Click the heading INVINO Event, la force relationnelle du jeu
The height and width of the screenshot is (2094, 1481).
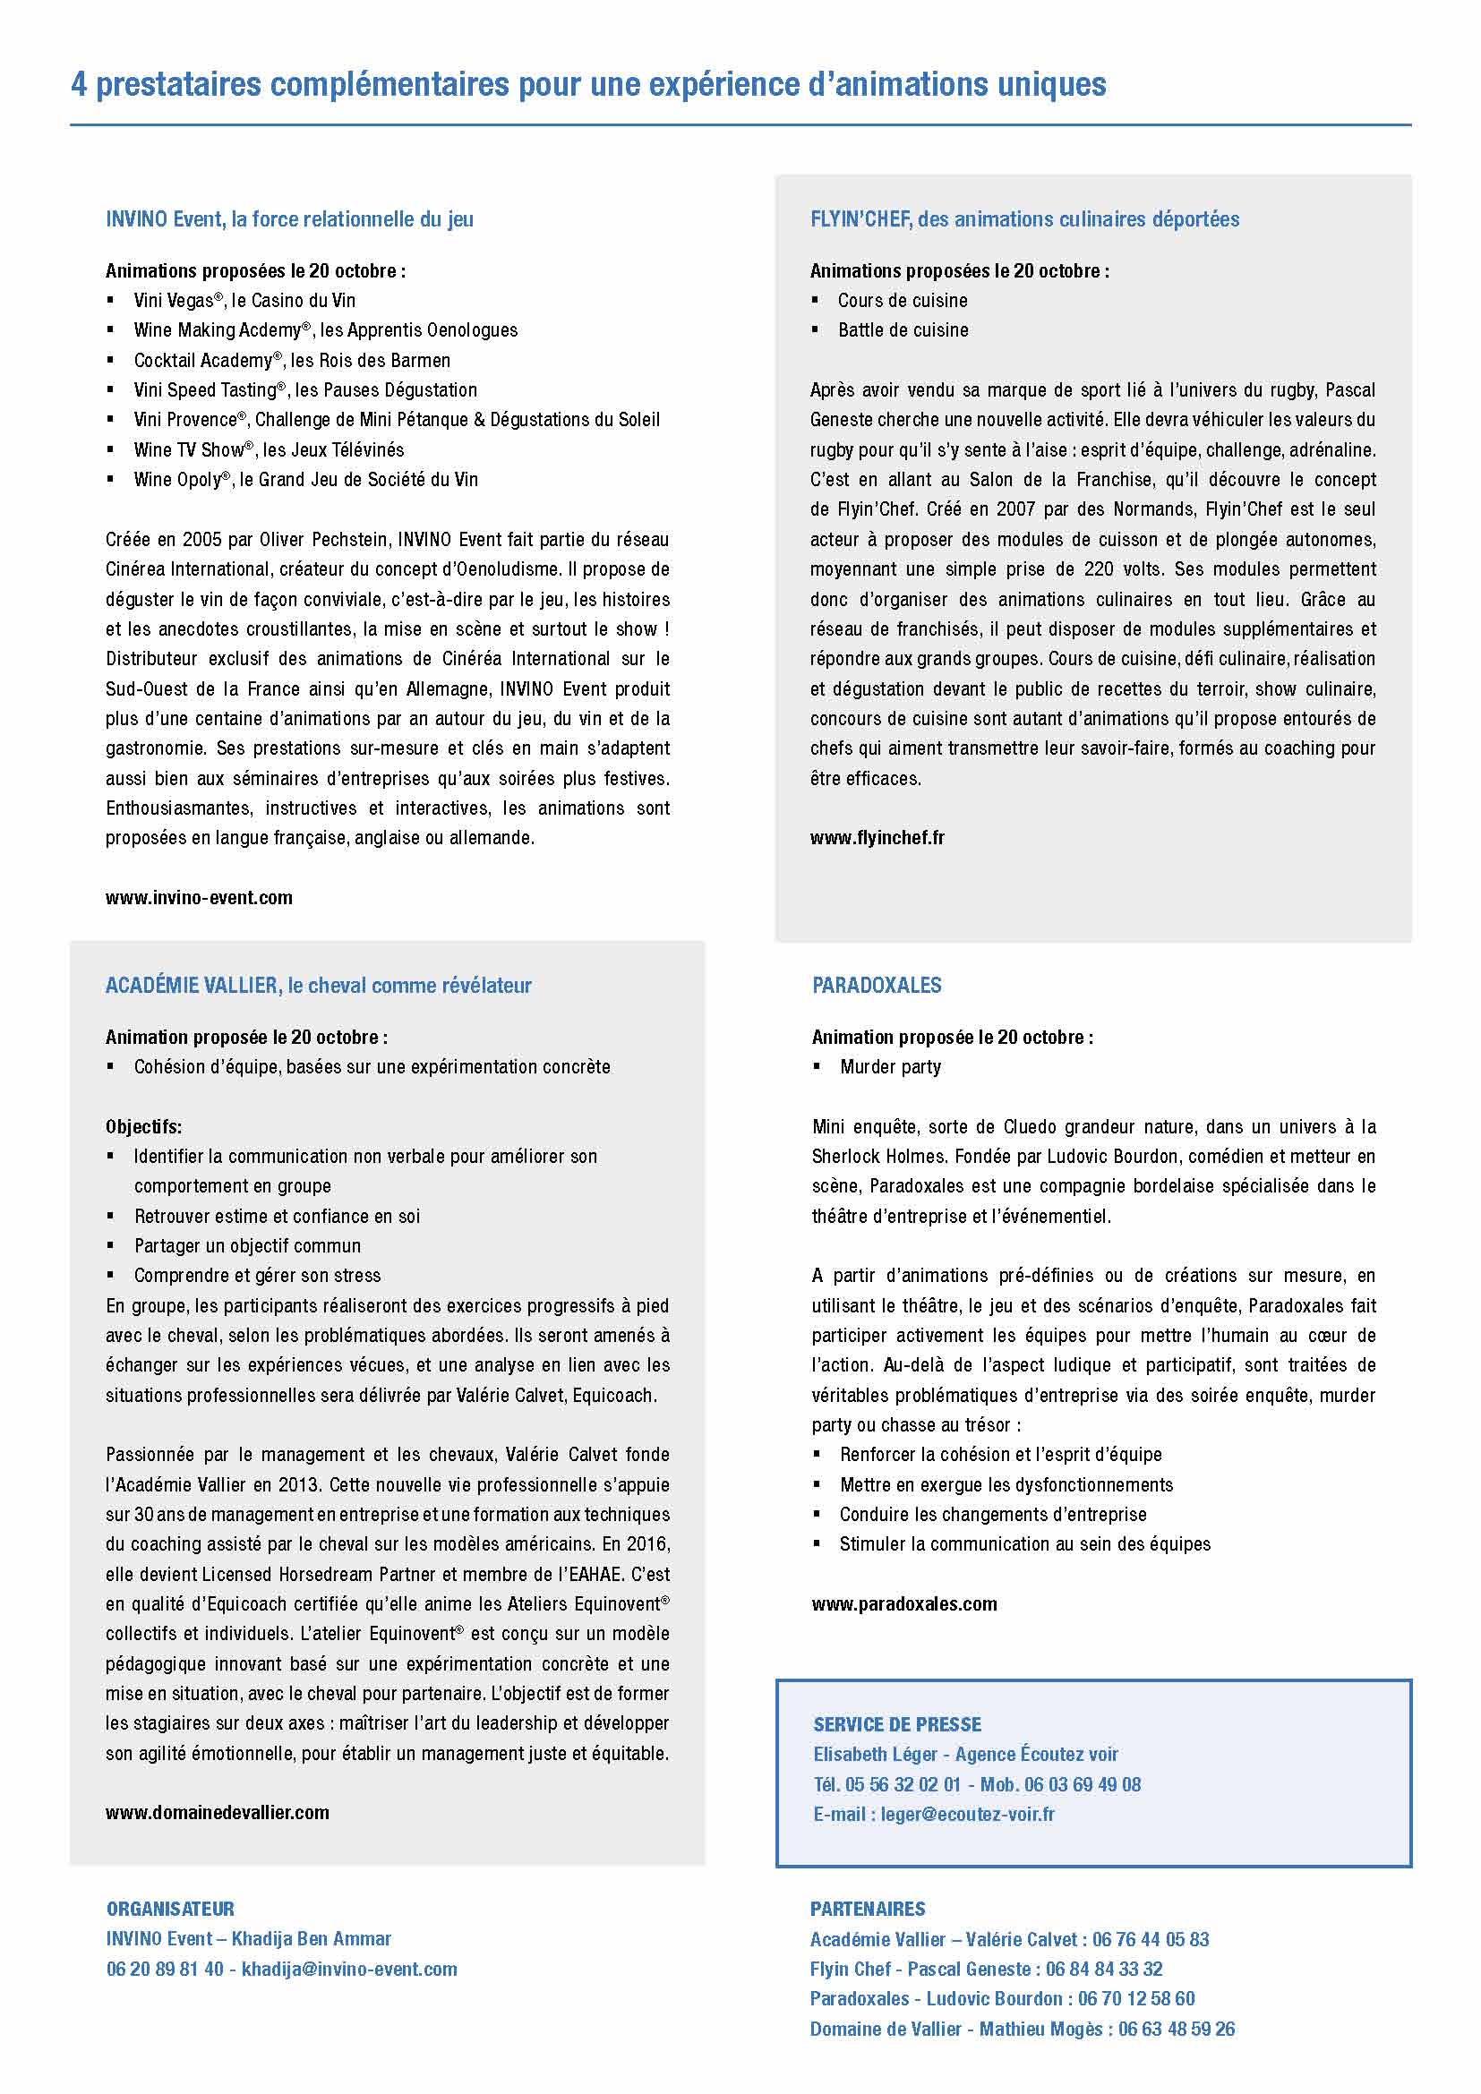pyautogui.click(x=289, y=220)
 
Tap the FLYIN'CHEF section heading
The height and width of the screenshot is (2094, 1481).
pyautogui.click(x=1024, y=220)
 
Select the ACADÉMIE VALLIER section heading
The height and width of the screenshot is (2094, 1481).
pyautogui.click(x=318, y=986)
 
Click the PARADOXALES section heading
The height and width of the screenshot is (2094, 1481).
pyautogui.click(x=876, y=986)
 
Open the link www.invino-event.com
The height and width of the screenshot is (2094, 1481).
pyautogui.click(x=199, y=897)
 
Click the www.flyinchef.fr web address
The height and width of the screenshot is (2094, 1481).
pyautogui.click(x=877, y=837)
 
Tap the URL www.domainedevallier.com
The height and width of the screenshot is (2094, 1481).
pyautogui.click(x=217, y=1812)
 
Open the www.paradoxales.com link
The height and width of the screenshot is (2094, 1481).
pyautogui.click(x=903, y=1603)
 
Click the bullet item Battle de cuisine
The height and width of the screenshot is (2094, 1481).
pyautogui.click(x=903, y=330)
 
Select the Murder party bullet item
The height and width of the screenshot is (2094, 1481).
pyautogui.click(x=890, y=1067)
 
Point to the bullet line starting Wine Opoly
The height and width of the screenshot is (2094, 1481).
pyautogui.click(x=305, y=480)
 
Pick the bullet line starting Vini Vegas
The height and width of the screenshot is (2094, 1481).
pyautogui.click(x=244, y=301)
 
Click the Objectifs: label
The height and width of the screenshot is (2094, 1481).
pyautogui.click(x=143, y=1126)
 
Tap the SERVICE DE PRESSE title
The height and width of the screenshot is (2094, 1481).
pyautogui.click(x=897, y=1724)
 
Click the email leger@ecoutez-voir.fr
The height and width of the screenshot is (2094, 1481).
pyautogui.click(x=967, y=1814)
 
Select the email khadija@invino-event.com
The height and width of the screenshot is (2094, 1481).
pyautogui.click(x=349, y=1969)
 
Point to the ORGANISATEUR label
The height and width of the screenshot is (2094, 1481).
pyautogui.click(x=169, y=1909)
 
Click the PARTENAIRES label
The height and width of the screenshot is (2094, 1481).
pyautogui.click(x=868, y=1909)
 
